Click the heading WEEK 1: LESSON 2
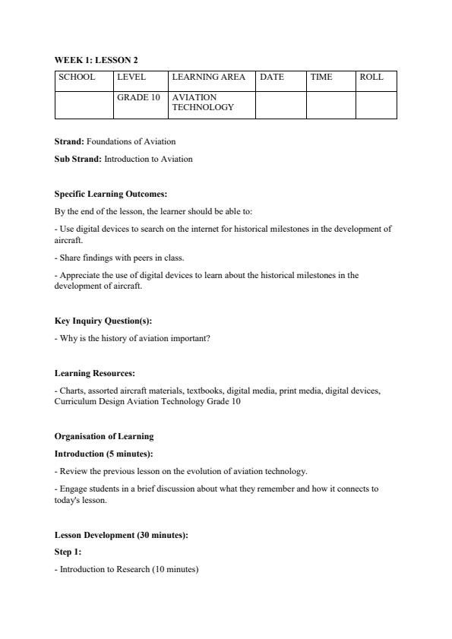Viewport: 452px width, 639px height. pyautogui.click(x=96, y=60)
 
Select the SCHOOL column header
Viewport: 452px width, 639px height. pyautogui.click(x=77, y=78)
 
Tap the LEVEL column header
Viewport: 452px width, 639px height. pyautogui.click(x=131, y=78)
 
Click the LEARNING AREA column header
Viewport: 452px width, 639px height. pyautogui.click(x=209, y=78)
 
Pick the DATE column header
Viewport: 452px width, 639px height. pyautogui.click(x=272, y=78)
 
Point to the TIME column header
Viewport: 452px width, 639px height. pyautogui.click(x=321, y=78)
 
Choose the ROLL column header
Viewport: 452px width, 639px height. pyautogui.click(x=371, y=78)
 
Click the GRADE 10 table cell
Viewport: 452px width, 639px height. pyautogui.click(x=138, y=98)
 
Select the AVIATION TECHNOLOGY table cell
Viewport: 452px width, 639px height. pyautogui.click(x=203, y=103)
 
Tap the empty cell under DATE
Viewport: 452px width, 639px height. pyautogui.click(x=280, y=105)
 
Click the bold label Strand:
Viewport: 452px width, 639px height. pyautogui.click(x=69, y=141)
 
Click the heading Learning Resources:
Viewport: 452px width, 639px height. pyautogui.click(x=95, y=373)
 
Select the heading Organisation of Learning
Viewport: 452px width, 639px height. pyautogui.click(x=104, y=436)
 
